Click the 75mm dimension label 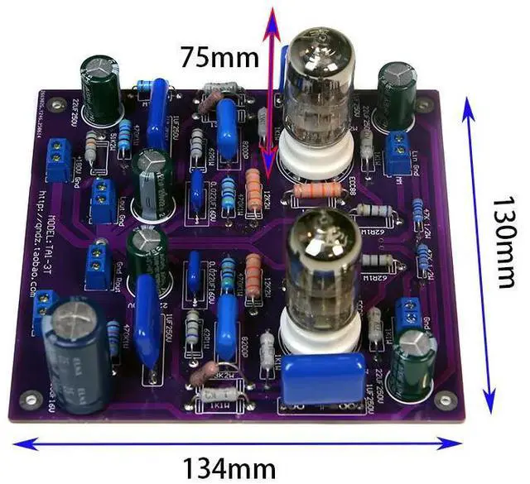point(220,57)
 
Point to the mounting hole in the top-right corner point(423,105)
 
